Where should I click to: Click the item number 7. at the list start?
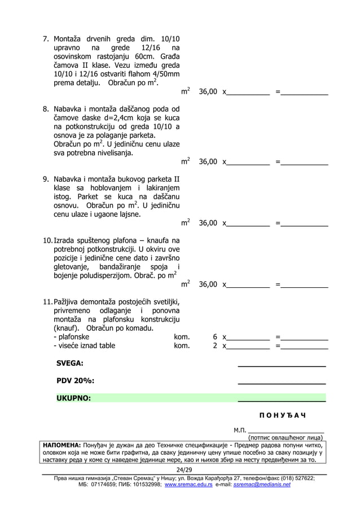point(47,40)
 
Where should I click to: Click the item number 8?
point(47,109)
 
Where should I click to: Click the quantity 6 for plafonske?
point(215,337)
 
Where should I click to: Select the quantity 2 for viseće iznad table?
point(215,346)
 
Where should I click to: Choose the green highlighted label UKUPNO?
point(73,398)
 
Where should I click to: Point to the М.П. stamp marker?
point(240,431)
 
